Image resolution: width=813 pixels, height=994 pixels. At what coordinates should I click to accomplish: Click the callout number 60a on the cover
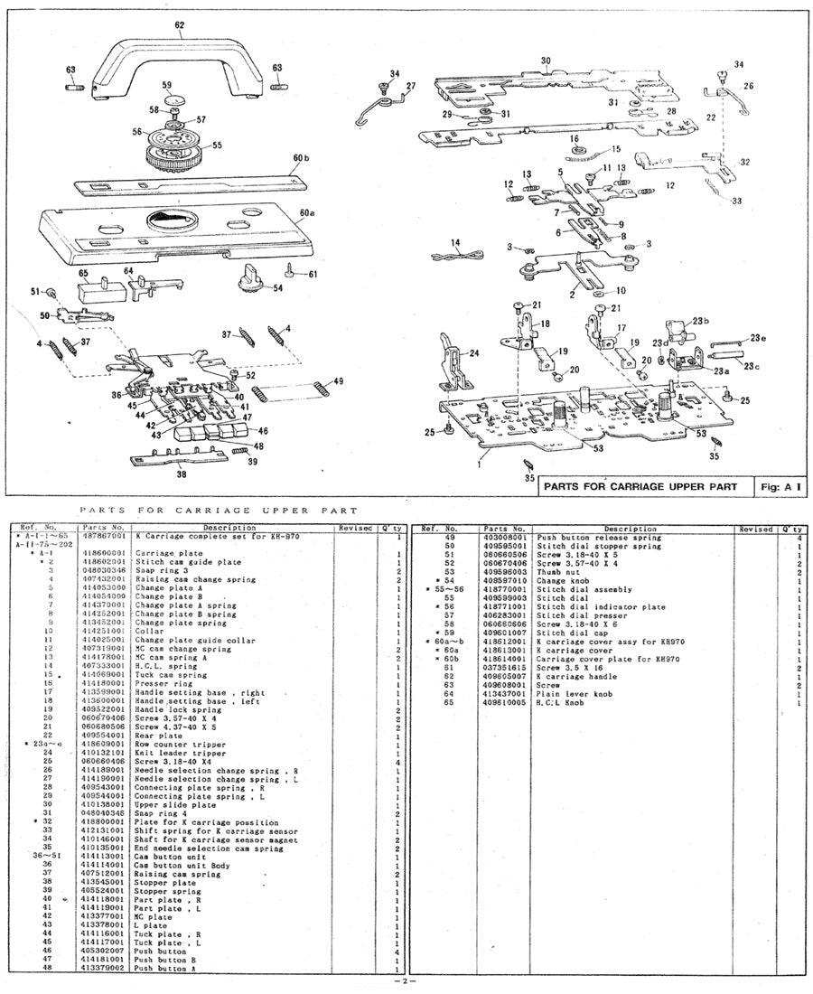point(306,213)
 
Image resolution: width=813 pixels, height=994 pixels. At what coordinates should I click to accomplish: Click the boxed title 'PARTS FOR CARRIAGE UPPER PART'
point(645,485)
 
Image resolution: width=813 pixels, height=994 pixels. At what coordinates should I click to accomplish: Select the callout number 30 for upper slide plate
point(546,61)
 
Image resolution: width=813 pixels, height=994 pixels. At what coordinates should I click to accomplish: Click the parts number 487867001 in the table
point(105,537)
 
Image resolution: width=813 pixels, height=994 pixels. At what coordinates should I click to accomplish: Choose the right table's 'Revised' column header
point(755,529)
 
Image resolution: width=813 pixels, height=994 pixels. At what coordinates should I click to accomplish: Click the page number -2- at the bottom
point(406,982)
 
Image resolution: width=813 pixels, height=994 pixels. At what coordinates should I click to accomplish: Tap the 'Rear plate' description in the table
point(153,736)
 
